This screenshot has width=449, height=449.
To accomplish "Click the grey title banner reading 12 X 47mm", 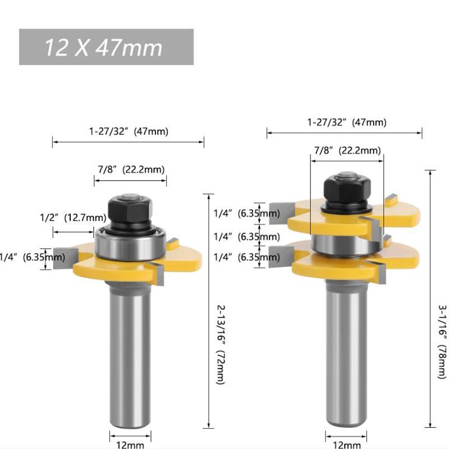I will (x=106, y=47).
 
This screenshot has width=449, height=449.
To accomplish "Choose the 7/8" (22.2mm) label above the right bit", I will (x=346, y=150).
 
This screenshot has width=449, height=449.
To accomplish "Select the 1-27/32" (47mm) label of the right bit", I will (x=346, y=122).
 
